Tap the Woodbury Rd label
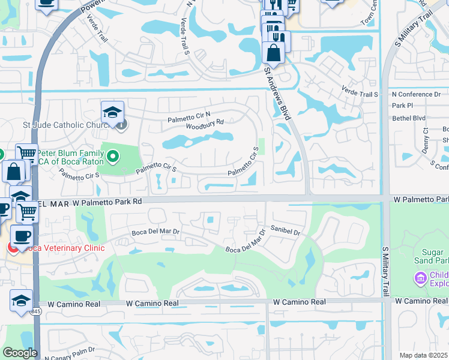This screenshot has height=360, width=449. click(205, 124)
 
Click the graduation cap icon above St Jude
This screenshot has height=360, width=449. click(112, 112)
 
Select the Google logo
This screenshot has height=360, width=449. click(19, 353)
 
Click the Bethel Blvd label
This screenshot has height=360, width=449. click(408, 118)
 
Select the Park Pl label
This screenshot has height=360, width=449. click(402, 106)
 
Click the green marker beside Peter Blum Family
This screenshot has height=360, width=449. click(112, 157)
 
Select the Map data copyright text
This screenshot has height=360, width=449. click(424, 355)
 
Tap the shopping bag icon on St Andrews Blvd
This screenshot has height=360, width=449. click(273, 52)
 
